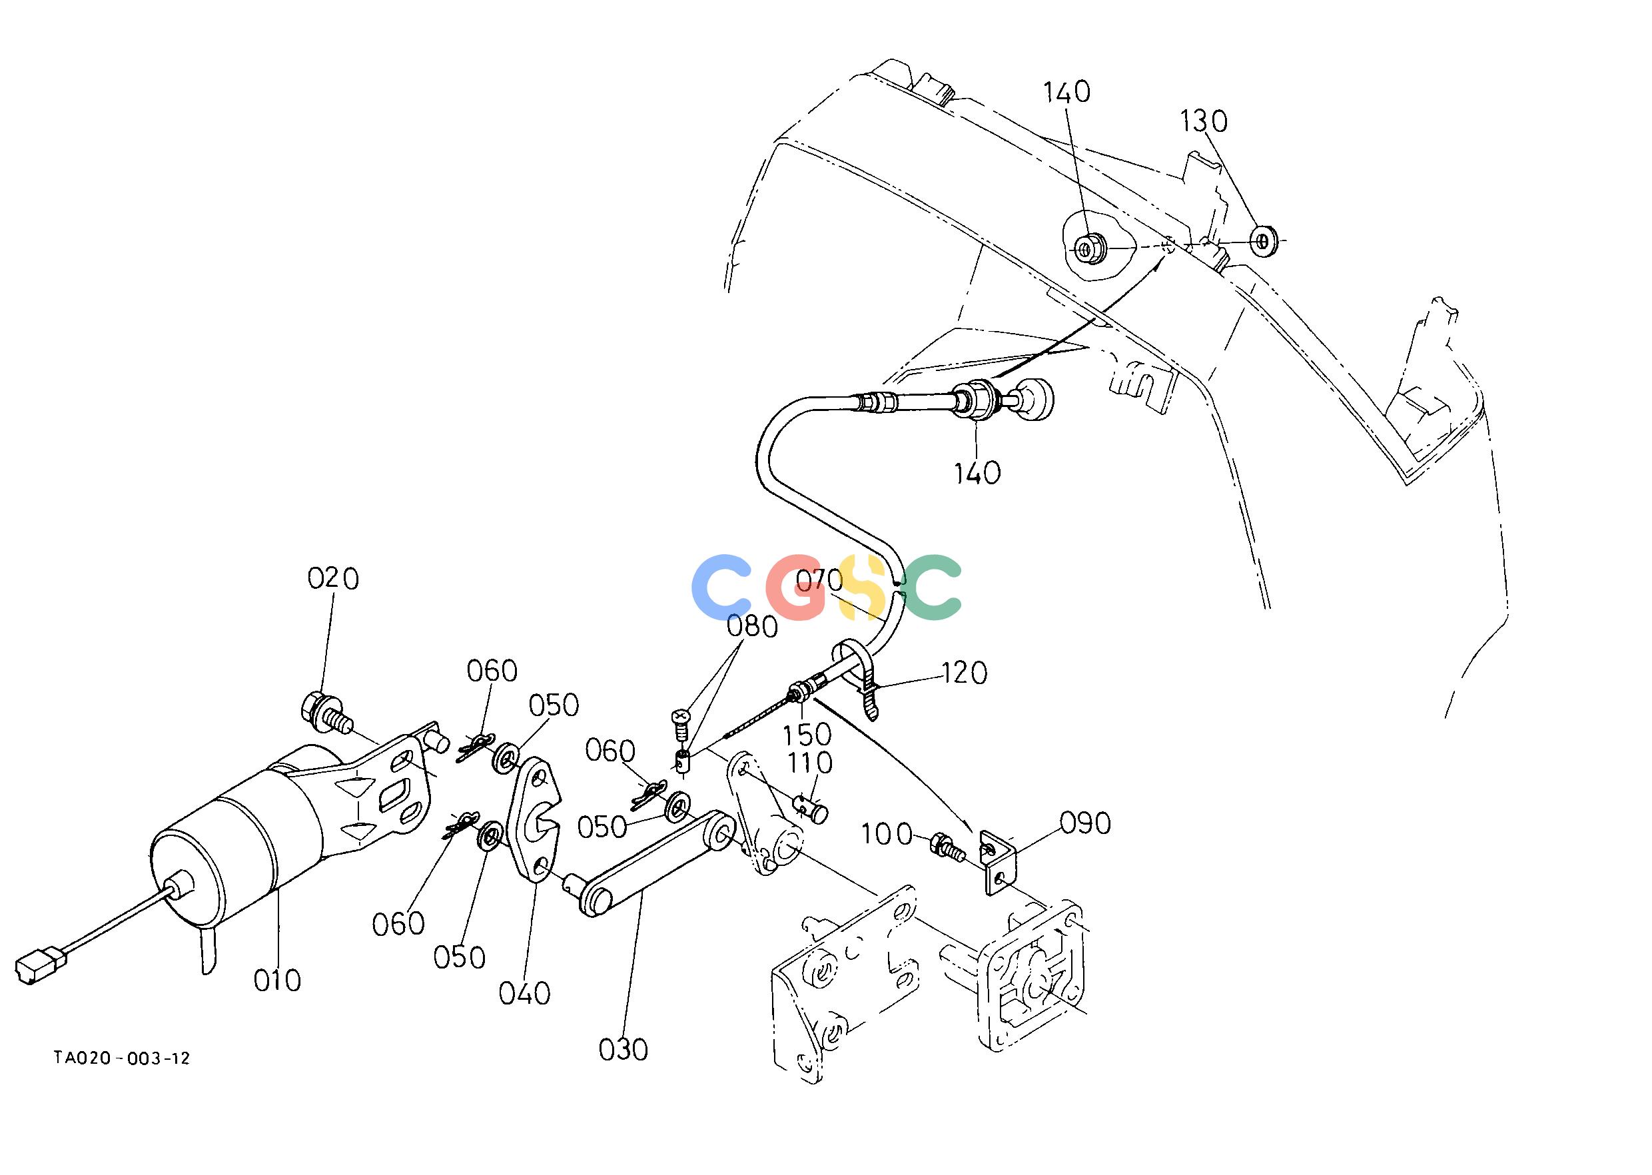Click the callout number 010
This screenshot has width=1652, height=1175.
(277, 980)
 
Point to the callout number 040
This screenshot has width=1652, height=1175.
(525, 992)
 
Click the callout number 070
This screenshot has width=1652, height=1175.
(820, 580)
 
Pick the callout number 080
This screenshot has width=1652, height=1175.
(753, 627)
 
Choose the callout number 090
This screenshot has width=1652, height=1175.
(1085, 823)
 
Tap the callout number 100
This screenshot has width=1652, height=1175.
(887, 835)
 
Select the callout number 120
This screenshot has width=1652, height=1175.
(965, 673)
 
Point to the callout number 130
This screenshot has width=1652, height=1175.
(1204, 121)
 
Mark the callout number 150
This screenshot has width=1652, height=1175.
(808, 734)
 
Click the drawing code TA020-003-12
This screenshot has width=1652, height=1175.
(123, 1058)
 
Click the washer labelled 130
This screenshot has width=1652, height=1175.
(1264, 240)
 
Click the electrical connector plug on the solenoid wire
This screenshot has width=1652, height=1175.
(40, 967)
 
